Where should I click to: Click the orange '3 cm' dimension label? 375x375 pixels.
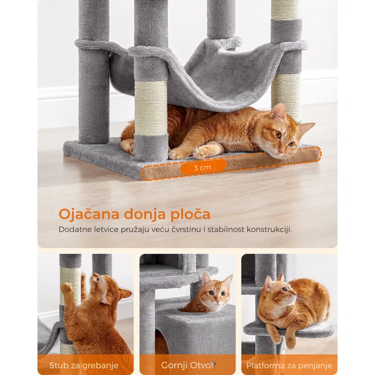click(x=203, y=167)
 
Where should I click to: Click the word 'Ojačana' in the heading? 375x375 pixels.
click(x=89, y=214)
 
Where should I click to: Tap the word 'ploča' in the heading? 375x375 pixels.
click(x=190, y=215)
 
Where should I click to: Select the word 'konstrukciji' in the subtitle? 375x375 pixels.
click(x=269, y=229)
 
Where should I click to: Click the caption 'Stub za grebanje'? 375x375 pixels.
click(x=84, y=365)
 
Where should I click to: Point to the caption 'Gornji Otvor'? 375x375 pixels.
click(x=188, y=365)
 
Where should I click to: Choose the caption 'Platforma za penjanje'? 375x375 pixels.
click(x=289, y=366)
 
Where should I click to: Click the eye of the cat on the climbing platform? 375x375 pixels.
click(x=284, y=290)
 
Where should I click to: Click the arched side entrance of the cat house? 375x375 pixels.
click(x=161, y=341)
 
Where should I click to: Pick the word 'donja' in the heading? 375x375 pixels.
click(x=145, y=215)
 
